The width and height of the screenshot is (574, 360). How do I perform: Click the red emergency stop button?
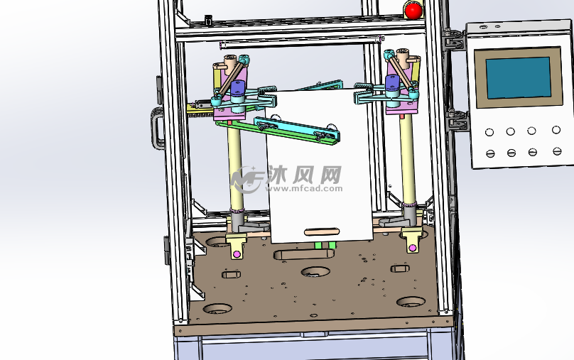[x=413, y=10]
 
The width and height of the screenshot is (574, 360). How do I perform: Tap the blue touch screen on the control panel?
[x=519, y=77]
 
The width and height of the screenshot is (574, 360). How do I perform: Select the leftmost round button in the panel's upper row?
[x=489, y=132]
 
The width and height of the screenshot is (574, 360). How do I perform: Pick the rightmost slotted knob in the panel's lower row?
[x=557, y=151]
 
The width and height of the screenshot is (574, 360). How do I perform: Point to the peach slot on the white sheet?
[x=322, y=231]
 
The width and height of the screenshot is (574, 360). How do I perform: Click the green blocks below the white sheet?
[x=325, y=245]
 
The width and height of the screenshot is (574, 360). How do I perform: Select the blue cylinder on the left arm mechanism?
[x=237, y=89]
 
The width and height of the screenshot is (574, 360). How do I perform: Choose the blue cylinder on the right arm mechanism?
[x=392, y=82]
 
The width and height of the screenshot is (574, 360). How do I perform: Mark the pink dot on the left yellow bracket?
[x=237, y=254]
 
